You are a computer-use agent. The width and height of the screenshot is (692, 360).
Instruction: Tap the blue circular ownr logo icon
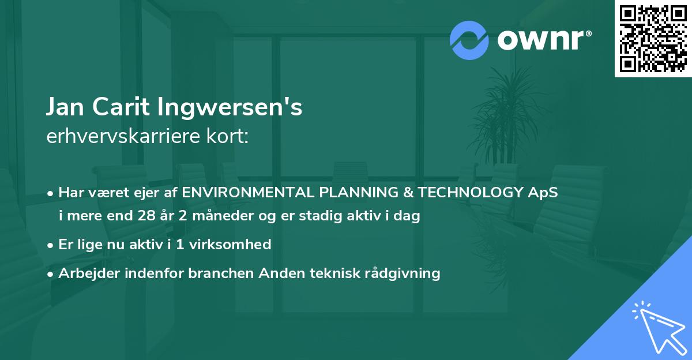pos(469,40)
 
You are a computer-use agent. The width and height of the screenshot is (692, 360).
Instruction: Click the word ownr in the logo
pos(540,40)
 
